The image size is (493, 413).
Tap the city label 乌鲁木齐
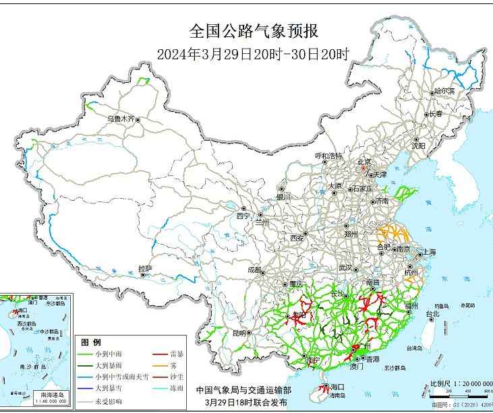point(121,119)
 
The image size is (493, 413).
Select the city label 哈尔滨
point(444,90)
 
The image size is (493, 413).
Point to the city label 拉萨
point(145,269)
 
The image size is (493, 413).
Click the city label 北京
point(364,162)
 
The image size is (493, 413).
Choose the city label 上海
point(428,253)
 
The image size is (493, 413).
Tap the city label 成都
point(255,269)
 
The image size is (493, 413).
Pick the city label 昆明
point(239,332)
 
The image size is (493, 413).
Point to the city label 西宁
point(243,216)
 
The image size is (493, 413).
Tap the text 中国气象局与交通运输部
point(244,390)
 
